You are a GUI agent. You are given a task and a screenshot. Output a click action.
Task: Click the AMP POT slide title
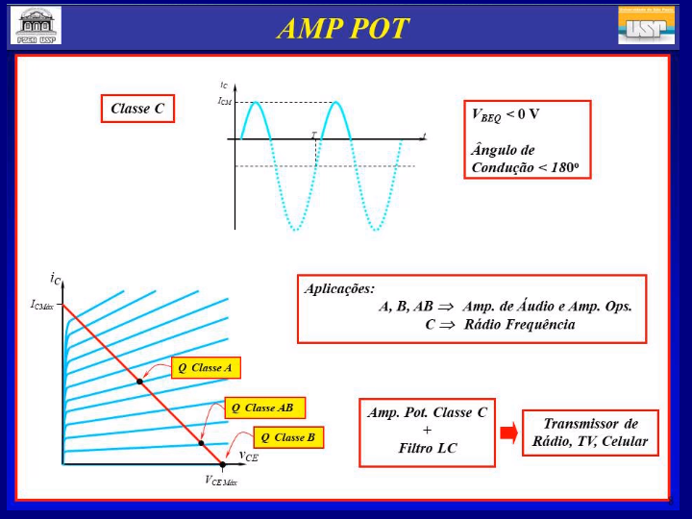click(x=343, y=28)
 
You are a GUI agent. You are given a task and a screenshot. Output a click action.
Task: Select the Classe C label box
click(x=137, y=109)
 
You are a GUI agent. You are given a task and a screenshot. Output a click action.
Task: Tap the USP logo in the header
click(x=646, y=25)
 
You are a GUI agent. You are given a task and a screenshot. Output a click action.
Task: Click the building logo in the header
click(x=36, y=25)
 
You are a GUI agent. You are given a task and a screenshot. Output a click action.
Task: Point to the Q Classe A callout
click(x=206, y=368)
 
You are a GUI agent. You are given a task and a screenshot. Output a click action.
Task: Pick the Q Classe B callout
click(x=288, y=437)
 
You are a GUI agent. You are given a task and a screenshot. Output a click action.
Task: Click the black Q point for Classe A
click(x=140, y=382)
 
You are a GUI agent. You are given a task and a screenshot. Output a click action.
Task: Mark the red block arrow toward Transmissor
click(x=508, y=432)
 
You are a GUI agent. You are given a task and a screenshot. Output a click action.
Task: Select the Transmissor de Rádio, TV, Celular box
click(x=591, y=433)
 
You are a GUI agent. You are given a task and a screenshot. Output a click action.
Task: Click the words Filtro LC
click(x=428, y=448)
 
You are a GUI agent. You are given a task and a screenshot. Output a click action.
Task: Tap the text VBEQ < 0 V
click(x=506, y=114)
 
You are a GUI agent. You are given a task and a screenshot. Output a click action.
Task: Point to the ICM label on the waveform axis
click(x=224, y=101)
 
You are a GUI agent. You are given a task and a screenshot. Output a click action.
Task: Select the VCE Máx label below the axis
click(x=220, y=480)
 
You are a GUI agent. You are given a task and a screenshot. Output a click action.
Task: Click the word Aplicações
click(x=339, y=288)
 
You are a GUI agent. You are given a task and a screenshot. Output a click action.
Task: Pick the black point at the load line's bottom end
click(x=222, y=464)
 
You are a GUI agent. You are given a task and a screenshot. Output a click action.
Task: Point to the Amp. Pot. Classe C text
click(x=428, y=412)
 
